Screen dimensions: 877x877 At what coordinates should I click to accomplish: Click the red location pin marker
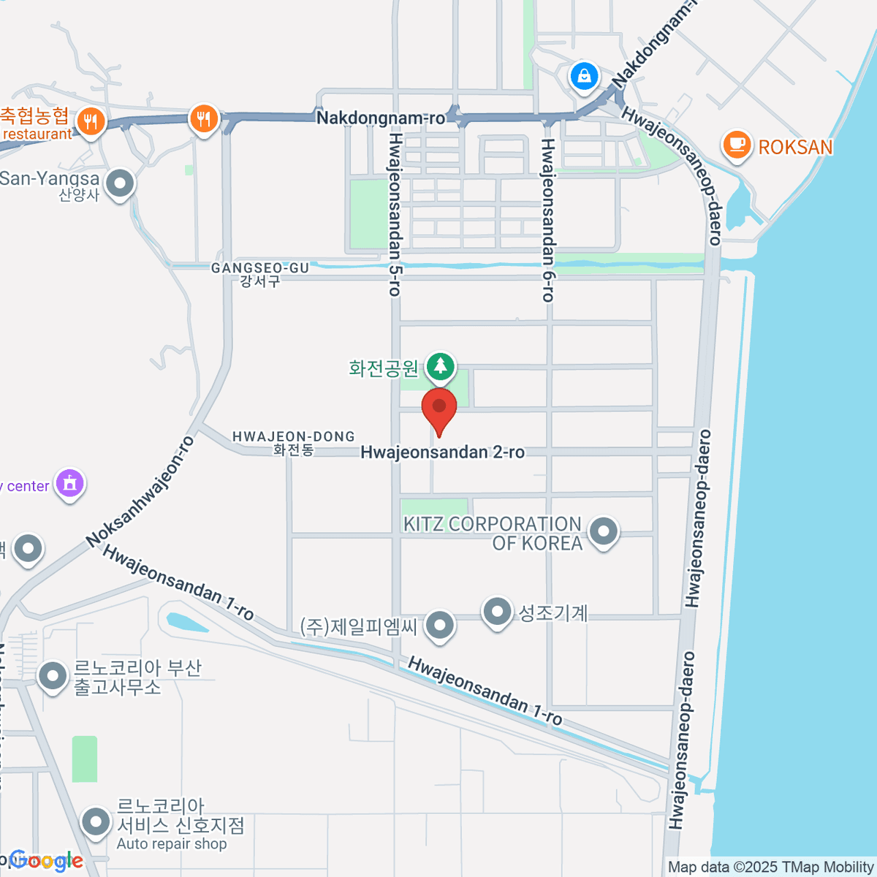click(439, 411)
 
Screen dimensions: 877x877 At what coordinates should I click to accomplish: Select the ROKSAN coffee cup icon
click(737, 144)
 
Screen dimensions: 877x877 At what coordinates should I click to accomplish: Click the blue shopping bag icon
click(584, 76)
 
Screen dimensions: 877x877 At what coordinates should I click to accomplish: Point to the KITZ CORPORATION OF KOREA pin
click(603, 533)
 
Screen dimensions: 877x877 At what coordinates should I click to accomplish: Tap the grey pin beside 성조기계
click(498, 612)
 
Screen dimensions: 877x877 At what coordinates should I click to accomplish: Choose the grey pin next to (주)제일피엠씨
click(439, 626)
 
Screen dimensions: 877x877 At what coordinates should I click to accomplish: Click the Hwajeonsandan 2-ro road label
click(442, 452)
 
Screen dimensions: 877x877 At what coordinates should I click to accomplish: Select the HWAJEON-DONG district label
click(294, 443)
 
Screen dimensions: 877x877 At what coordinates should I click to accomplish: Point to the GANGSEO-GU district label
click(260, 274)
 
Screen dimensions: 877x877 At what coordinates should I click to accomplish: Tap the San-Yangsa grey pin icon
click(120, 183)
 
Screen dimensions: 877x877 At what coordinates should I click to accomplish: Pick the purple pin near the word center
click(70, 484)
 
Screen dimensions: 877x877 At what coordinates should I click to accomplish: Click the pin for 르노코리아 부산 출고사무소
click(53, 676)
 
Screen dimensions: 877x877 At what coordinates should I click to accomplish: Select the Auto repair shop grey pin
click(96, 823)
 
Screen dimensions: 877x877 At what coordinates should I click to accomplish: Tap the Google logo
click(45, 861)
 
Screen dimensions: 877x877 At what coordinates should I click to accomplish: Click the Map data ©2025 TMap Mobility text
click(771, 867)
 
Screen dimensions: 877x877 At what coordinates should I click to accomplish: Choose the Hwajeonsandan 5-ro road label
click(395, 213)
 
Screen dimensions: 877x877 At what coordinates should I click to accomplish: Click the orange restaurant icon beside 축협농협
click(90, 121)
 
